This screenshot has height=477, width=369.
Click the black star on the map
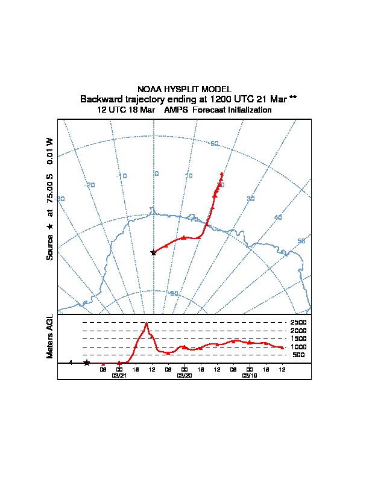[153, 252]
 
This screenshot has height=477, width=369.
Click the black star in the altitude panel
[87, 363]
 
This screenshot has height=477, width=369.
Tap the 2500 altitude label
[298, 322]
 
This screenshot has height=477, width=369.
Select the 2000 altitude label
[298, 331]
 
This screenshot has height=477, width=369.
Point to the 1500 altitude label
[298, 338]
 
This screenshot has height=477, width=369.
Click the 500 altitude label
[298, 355]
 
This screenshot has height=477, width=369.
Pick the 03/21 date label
[119, 375]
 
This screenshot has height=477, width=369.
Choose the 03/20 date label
[184, 375]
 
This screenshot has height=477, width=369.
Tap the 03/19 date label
[250, 375]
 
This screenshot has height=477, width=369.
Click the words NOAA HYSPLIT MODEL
[184, 89]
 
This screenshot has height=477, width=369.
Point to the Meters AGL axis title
[50, 337]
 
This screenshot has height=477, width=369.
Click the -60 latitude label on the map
[213, 143]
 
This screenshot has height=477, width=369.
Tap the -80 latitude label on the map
[174, 293]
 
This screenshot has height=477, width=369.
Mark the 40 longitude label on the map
[278, 217]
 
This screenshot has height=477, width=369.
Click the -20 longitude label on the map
[90, 185]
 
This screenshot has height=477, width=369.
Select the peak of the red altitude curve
[147, 323]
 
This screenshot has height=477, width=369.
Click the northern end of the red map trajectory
[222, 174]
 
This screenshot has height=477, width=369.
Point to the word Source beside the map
[50, 247]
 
